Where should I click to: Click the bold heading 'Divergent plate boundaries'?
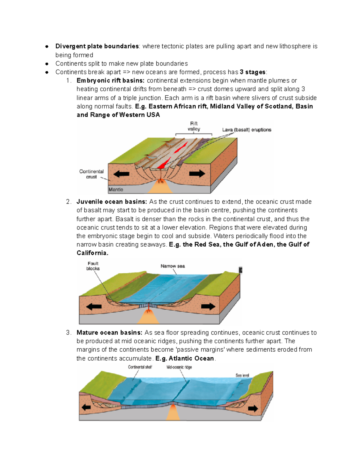tap(97, 46)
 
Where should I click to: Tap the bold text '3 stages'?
tap(253, 72)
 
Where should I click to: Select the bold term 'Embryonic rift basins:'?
tap(110, 80)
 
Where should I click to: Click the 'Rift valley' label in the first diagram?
tap(194, 126)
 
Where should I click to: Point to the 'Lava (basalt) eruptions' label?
tap(247, 130)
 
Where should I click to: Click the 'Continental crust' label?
tap(91, 174)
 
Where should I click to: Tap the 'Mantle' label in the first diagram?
tap(116, 189)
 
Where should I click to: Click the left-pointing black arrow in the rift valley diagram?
tap(121, 174)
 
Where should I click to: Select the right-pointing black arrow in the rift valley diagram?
tap(197, 173)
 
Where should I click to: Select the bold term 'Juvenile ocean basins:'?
tap(112, 202)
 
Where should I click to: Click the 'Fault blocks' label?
tap(93, 266)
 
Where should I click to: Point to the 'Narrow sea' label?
tap(172, 266)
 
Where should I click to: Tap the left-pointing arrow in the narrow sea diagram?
tap(94, 307)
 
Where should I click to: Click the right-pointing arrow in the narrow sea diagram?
tap(208, 306)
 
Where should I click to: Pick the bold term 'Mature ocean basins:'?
tap(109, 332)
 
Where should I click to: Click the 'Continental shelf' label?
tap(140, 367)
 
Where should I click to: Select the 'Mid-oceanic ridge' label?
tap(179, 367)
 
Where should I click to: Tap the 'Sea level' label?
tap(242, 375)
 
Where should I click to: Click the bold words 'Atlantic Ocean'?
tap(191, 358)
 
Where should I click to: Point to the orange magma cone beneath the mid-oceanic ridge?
tap(173, 413)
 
